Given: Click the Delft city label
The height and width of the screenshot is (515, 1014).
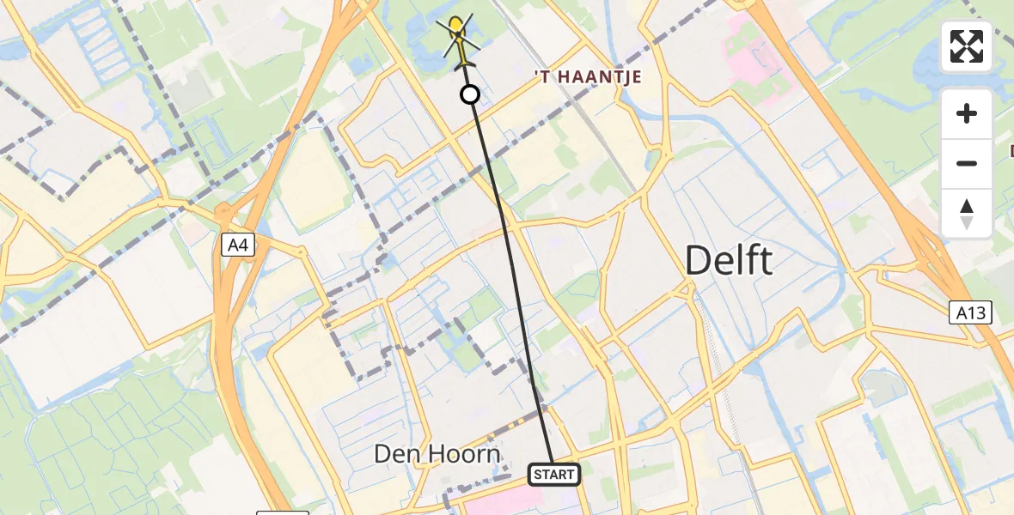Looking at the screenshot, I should pos(729,260).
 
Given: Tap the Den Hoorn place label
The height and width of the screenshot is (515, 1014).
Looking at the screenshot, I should pos(437,454).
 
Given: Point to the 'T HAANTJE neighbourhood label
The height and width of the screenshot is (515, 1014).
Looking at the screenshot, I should pos(588,77).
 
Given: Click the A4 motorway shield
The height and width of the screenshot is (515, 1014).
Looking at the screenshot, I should pos(237,246).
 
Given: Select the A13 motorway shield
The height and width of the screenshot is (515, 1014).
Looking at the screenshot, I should pos(971,312).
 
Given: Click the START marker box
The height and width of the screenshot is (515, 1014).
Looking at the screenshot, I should pos(553,474).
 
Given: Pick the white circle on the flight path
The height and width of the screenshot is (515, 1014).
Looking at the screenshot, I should pos(470,94).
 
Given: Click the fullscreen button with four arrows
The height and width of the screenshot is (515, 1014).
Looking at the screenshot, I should pos(967,46).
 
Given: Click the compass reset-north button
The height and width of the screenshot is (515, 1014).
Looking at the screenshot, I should pos(967,213).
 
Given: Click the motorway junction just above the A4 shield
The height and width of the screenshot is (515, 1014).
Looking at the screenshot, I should pos(225,210).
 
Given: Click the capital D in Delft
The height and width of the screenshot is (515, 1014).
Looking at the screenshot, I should pos(698,260).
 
